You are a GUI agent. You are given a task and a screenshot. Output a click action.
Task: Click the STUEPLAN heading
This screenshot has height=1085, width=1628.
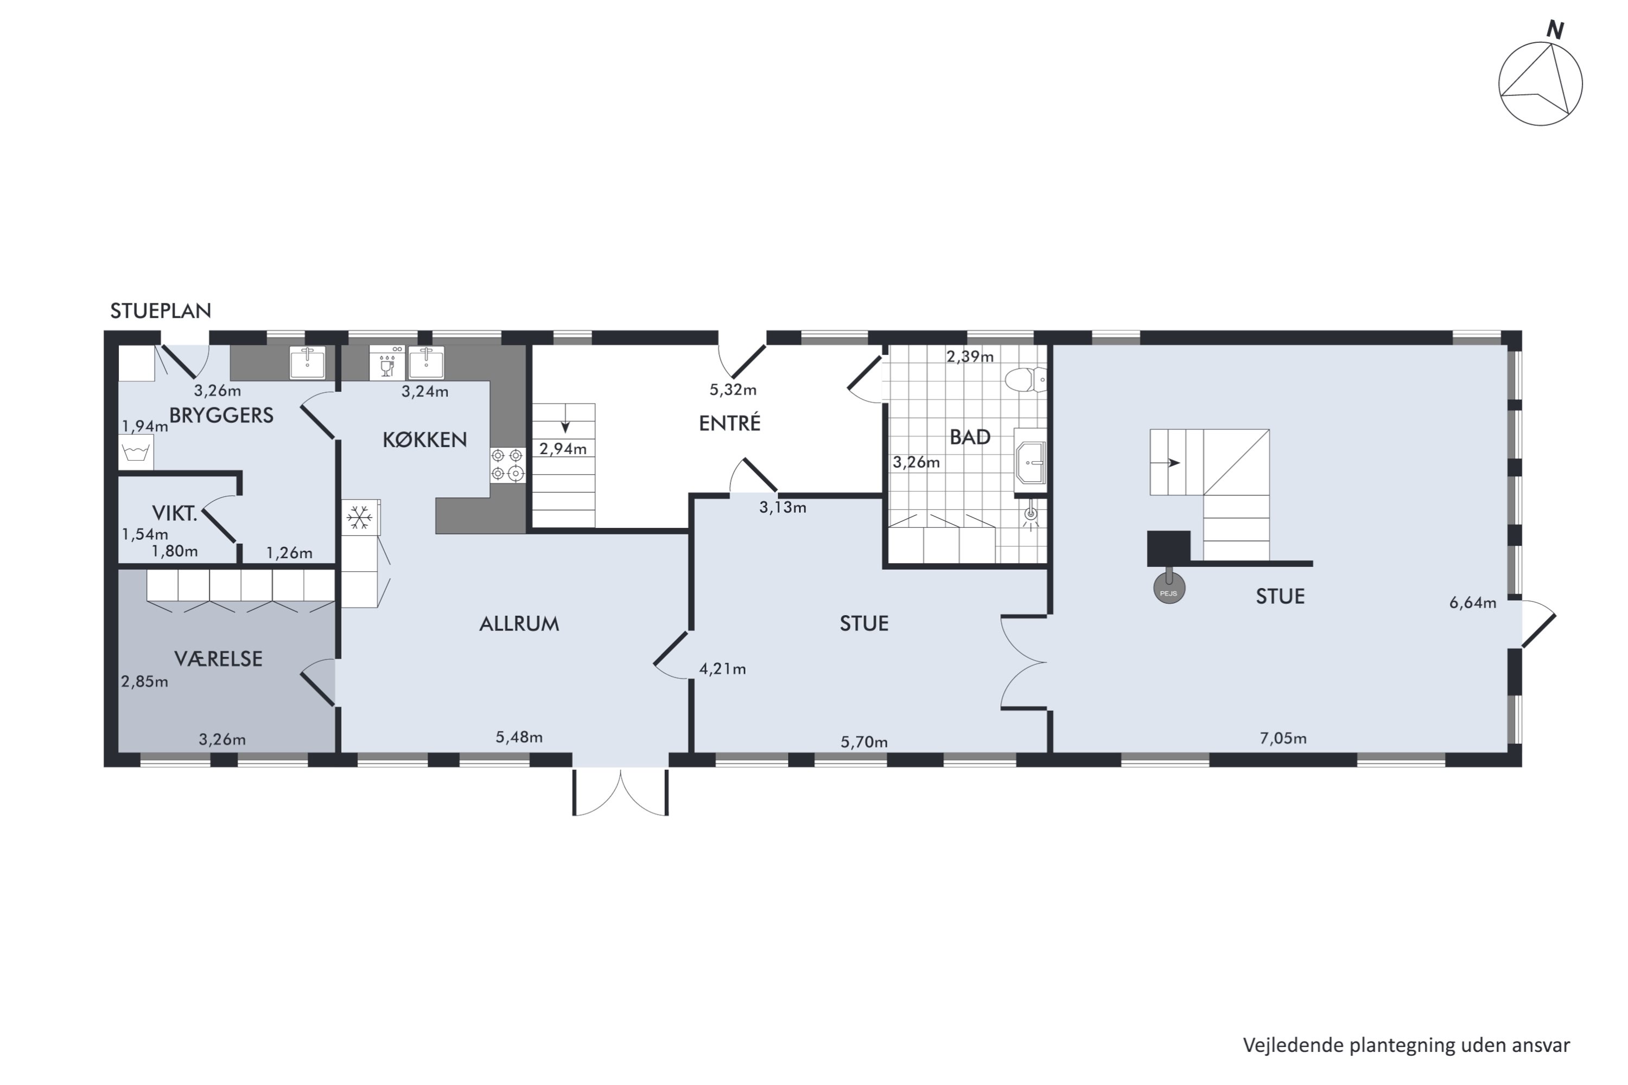[x=161, y=311]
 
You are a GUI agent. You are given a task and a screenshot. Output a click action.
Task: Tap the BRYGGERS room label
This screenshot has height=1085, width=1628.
[x=221, y=415]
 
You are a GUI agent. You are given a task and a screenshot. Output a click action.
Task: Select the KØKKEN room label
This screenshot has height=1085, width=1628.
[x=425, y=439]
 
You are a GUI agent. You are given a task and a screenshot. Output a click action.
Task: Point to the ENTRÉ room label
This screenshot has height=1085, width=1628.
[x=729, y=422]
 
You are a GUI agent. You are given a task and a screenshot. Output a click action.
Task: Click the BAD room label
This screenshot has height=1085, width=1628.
[x=970, y=437]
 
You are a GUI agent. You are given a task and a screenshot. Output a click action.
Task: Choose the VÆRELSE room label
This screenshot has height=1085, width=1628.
[x=219, y=658]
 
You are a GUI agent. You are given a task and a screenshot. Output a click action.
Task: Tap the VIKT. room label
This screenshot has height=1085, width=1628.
[x=174, y=513]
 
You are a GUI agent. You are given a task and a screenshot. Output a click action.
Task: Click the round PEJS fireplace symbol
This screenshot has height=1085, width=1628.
[x=1169, y=589]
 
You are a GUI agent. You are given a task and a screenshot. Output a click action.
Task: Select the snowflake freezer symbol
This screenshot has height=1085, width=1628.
[x=359, y=518]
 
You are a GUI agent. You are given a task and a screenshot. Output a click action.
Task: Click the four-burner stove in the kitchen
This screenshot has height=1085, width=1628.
[x=507, y=465]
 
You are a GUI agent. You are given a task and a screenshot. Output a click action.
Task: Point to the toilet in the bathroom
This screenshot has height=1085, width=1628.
[x=1025, y=380]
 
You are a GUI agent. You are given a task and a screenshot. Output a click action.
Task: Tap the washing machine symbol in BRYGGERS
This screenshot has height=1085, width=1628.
[x=136, y=452]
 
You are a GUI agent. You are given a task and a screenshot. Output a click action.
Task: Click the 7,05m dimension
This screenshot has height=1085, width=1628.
[x=1283, y=738]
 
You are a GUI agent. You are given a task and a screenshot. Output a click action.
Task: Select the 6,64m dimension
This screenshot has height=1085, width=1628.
[x=1473, y=602]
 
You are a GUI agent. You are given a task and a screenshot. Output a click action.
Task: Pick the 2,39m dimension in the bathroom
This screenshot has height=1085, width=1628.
[x=970, y=356]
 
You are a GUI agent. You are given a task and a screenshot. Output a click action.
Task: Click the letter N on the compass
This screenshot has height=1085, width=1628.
[x=1555, y=30]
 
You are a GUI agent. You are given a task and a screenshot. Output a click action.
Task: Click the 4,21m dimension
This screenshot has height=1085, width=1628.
[x=723, y=668]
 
